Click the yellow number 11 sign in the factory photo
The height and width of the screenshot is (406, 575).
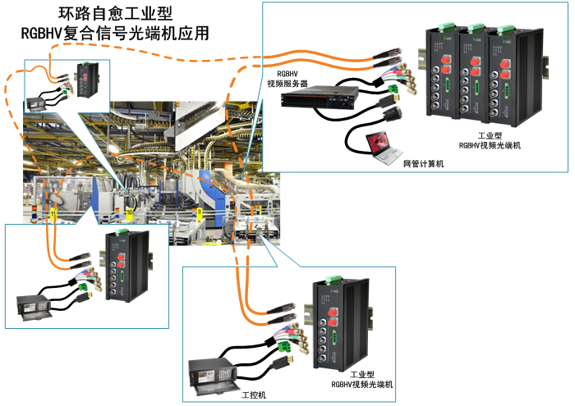pyautogui.click(x=54, y=214)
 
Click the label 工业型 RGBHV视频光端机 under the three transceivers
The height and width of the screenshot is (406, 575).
pyautogui.click(x=493, y=140)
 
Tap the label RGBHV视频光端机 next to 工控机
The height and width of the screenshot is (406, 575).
pyautogui.click(x=362, y=378)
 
